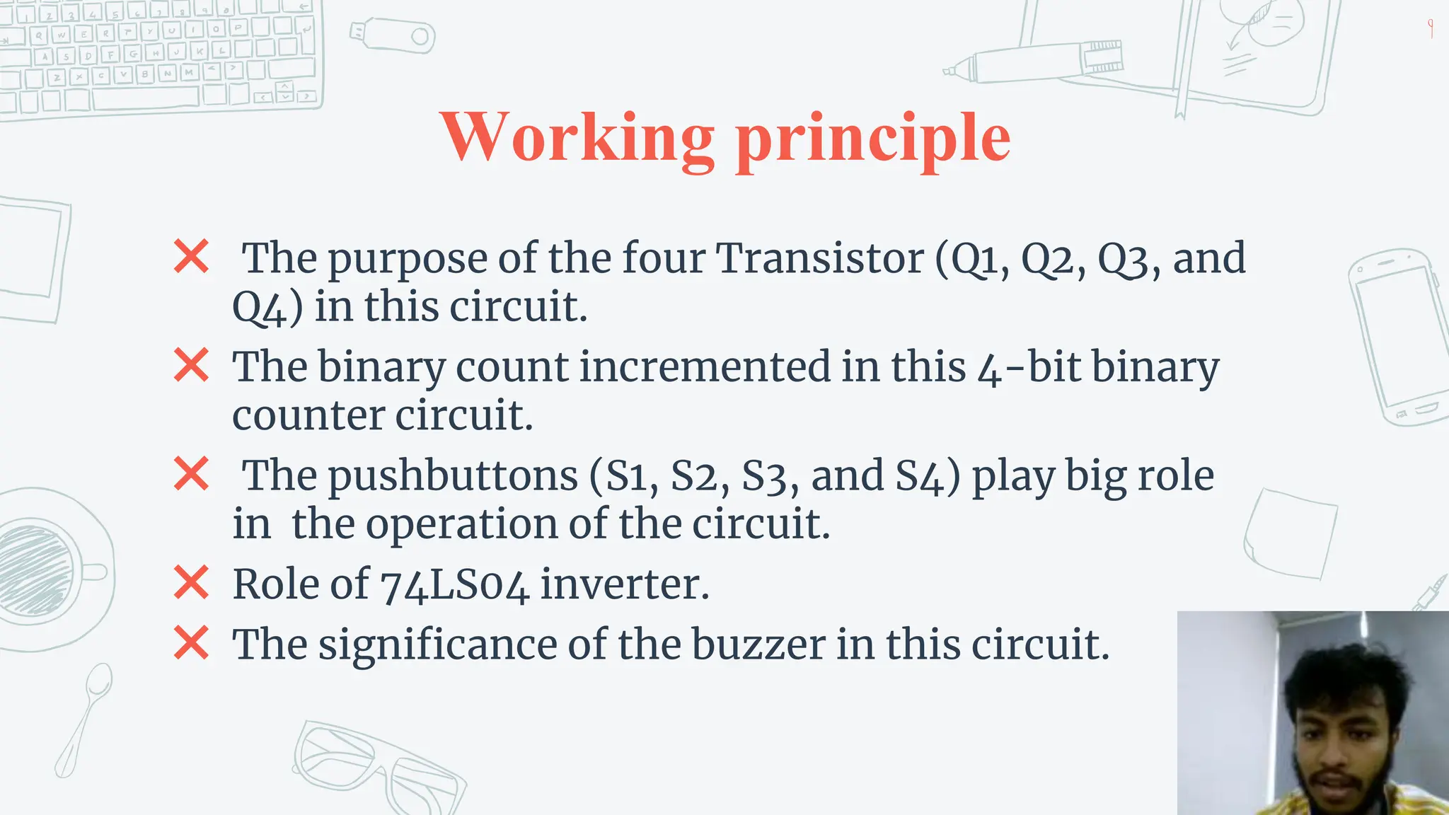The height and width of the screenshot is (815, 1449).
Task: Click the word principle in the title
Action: click(873, 139)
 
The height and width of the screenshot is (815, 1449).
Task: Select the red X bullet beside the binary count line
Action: click(191, 365)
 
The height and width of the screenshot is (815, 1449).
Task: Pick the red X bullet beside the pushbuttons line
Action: click(191, 474)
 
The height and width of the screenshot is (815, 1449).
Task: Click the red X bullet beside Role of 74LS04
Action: click(191, 583)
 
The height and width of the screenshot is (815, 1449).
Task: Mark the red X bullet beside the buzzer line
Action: click(191, 643)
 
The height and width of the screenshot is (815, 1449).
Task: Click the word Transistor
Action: click(820, 258)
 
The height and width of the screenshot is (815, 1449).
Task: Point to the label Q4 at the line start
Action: click(259, 307)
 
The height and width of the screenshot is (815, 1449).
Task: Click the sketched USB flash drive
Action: click(393, 35)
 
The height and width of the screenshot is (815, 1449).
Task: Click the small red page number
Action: click(1431, 28)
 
